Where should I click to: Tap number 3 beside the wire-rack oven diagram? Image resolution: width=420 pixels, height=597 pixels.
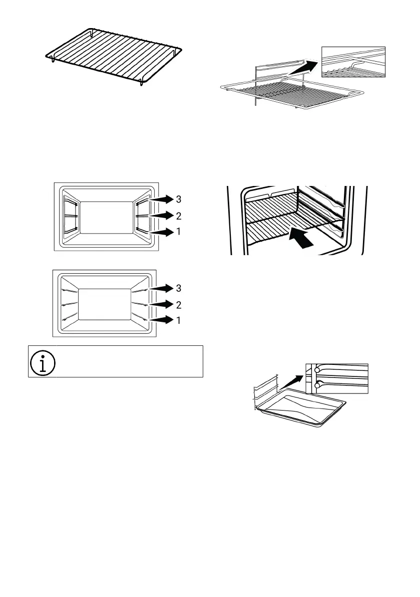point(179,199)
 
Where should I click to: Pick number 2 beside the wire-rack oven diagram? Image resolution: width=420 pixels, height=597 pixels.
point(179,215)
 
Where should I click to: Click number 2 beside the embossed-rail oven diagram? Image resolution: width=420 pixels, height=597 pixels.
point(179,304)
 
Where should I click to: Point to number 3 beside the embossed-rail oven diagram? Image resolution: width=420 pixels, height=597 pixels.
point(179,288)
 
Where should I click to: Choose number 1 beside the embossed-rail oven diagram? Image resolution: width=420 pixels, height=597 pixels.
point(179,320)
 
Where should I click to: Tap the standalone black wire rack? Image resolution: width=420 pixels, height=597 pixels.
point(111,56)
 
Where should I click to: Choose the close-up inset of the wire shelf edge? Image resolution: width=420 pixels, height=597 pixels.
point(353,63)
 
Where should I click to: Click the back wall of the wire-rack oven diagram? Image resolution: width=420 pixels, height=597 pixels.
point(106,217)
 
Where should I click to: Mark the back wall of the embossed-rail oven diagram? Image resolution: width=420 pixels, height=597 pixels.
point(105,304)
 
